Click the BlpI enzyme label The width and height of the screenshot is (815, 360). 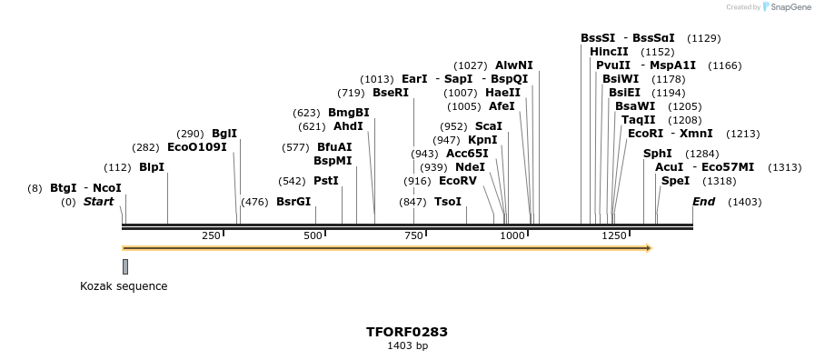[152, 167]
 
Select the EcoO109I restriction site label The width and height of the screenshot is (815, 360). [196, 146]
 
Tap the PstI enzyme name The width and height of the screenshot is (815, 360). [325, 181]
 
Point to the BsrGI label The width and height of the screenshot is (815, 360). [293, 202]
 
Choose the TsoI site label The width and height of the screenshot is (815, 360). [448, 202]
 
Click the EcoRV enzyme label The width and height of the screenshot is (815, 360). [457, 181]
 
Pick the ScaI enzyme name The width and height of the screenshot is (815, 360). [488, 126]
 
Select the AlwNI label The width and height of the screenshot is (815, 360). [513, 65]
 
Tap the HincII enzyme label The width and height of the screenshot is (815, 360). [609, 52]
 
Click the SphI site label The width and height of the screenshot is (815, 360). [658, 154]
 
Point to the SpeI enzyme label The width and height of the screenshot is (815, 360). [675, 181]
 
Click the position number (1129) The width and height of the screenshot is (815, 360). [704, 38]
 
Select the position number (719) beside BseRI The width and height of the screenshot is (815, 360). [351, 93]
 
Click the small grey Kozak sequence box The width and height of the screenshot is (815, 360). [125, 266]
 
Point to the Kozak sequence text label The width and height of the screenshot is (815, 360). [124, 286]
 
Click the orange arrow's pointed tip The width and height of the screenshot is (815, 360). [651, 247]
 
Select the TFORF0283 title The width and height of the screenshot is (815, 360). [407, 332]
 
